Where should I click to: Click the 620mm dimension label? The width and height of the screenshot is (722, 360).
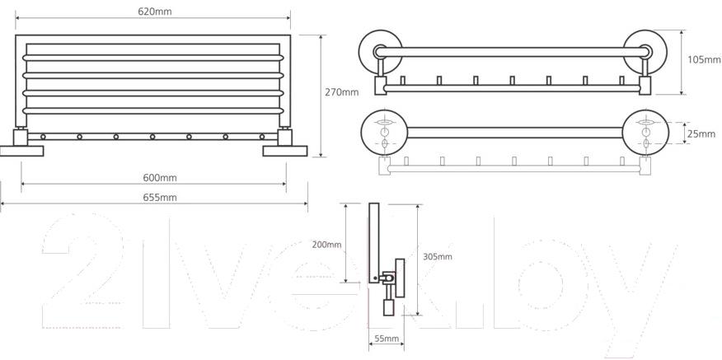155,12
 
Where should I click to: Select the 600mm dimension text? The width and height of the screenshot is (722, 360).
160,178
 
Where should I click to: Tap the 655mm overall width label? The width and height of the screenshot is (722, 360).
160,198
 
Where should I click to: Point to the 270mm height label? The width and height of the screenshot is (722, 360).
342,92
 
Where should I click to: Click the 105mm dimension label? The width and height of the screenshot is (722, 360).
704,60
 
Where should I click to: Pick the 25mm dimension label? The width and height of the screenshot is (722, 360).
701,134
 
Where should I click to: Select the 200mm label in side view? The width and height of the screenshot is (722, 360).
326,245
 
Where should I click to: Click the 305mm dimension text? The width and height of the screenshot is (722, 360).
438,256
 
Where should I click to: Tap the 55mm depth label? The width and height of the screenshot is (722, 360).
387,339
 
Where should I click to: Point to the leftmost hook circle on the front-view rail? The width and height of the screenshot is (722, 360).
43,137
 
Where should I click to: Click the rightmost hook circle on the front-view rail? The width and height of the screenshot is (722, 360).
262,137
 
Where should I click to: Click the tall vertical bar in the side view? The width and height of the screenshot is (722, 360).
374,242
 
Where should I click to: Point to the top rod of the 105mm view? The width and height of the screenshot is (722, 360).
513,52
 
